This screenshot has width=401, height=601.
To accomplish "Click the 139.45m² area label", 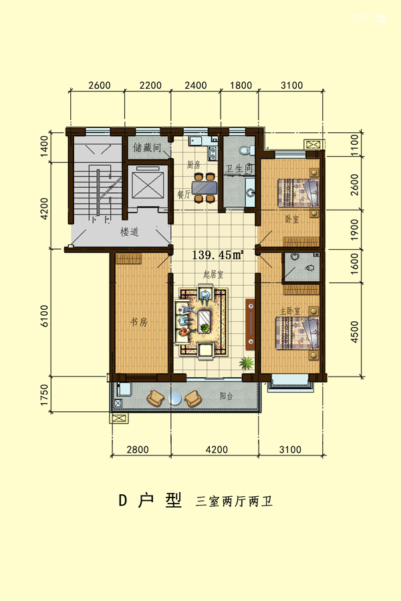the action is (217, 255).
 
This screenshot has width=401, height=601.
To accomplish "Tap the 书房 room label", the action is (138, 322).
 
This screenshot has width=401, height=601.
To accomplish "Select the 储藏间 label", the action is (147, 148).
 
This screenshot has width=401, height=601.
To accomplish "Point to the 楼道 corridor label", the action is (129, 232).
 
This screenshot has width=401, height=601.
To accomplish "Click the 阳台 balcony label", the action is (227, 396).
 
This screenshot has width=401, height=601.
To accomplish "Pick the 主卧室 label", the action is (290, 311).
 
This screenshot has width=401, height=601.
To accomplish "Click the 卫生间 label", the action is (239, 168).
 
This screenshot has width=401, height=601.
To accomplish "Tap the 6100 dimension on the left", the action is (45, 316).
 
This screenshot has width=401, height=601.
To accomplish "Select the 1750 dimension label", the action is (45, 395).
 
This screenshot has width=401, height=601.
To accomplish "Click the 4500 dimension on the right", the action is (354, 332).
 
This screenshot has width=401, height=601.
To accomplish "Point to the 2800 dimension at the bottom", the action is (138, 449).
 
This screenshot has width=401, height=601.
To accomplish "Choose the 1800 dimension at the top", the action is (241, 85).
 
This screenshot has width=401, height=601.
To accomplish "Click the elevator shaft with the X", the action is (148, 185).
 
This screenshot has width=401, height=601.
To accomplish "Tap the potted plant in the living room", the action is (247, 362).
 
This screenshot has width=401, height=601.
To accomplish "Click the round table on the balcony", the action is (174, 399).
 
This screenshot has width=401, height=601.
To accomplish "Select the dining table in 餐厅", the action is (205, 188).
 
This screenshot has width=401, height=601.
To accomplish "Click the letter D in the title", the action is (123, 501).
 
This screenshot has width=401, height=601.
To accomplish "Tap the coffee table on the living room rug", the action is (205, 321).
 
